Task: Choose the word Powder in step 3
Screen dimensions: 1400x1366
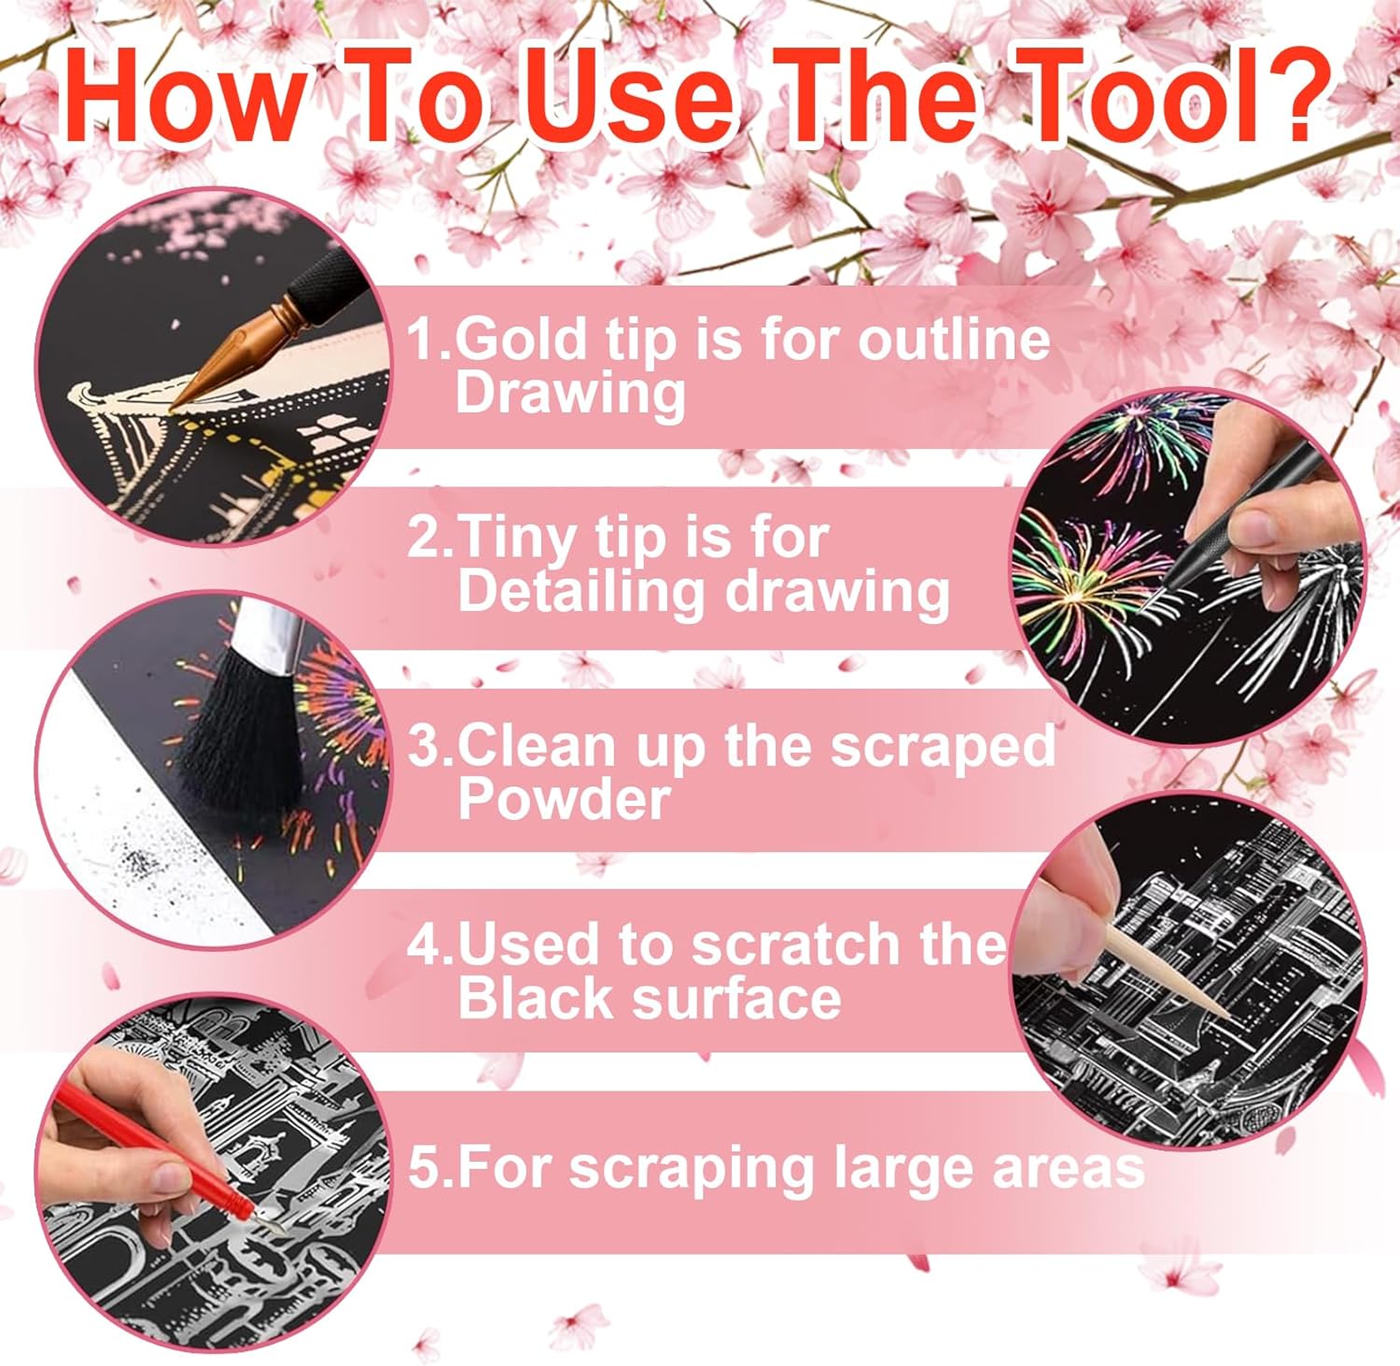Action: pos(564,799)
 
